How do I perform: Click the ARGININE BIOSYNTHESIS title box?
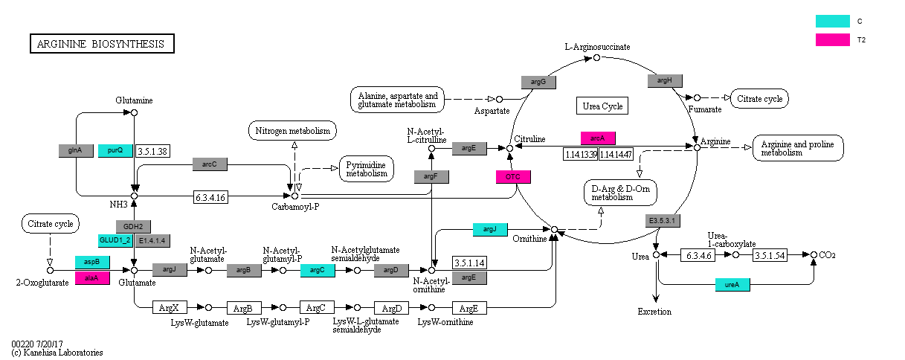pyautogui.click(x=102, y=44)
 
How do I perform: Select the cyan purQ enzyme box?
pyautogui.click(x=115, y=151)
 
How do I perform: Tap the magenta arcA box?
pyautogui.click(x=598, y=138)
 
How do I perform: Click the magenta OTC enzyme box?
pyautogui.click(x=513, y=177)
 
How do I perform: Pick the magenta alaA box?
pyautogui.click(x=92, y=278)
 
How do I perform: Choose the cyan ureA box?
pyautogui.click(x=732, y=284)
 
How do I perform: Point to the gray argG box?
pyautogui.click(x=538, y=82)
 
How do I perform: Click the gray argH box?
pyautogui.click(x=665, y=80)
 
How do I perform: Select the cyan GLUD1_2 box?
pyautogui.click(x=115, y=240)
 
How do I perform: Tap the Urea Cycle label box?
pyautogui.click(x=602, y=106)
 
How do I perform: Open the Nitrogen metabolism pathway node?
pyautogui.click(x=292, y=130)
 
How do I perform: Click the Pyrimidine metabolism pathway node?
pyautogui.click(x=367, y=169)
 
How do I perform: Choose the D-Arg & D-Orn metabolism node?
pyautogui.click(x=621, y=193)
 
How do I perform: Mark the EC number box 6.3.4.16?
pyautogui.click(x=210, y=198)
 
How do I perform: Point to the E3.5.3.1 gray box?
pyautogui.click(x=663, y=221)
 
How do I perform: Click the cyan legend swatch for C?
pyautogui.click(x=833, y=21)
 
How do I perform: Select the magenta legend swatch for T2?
pyautogui.click(x=833, y=39)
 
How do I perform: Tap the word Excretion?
pyautogui.click(x=654, y=312)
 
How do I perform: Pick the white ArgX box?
pyautogui.click(x=170, y=308)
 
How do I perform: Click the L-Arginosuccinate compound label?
pyautogui.click(x=597, y=47)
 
